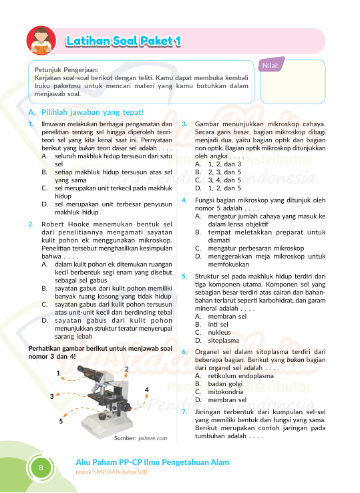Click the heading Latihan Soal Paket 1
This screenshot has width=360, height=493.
(x=124, y=41)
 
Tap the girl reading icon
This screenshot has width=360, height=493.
(x=41, y=41)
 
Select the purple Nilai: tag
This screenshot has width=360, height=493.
(x=271, y=65)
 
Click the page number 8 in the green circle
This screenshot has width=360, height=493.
(x=41, y=468)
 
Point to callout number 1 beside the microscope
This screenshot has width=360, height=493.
(x=58, y=373)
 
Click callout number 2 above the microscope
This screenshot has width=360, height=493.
(x=127, y=369)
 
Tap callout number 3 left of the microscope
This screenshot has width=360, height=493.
(x=52, y=397)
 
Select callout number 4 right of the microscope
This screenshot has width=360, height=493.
(x=146, y=390)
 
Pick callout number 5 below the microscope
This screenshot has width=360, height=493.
(x=61, y=421)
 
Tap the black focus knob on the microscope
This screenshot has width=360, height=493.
(x=103, y=417)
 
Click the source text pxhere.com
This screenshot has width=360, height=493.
(x=153, y=438)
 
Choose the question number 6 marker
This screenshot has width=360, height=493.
(x=184, y=352)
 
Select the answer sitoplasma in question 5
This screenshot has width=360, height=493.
(x=224, y=341)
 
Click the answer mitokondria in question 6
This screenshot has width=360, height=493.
(x=226, y=391)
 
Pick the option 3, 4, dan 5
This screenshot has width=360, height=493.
(x=224, y=180)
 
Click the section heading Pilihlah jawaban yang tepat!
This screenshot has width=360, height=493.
(x=92, y=112)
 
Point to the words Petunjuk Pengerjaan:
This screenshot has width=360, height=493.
(x=66, y=69)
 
